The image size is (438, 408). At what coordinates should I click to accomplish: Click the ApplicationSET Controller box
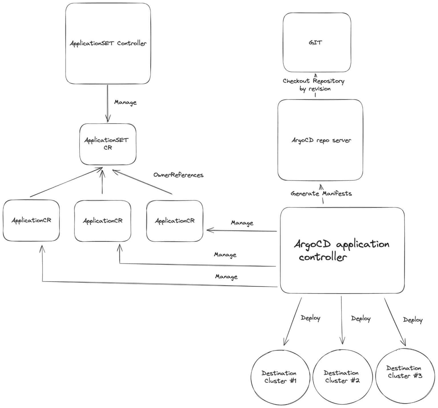(x=108, y=44)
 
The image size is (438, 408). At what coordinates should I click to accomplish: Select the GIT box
(x=317, y=43)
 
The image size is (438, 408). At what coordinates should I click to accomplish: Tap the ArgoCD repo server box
(x=320, y=140)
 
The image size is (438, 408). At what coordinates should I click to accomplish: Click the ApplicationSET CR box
(x=108, y=144)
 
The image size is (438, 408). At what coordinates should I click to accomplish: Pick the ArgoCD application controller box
(x=342, y=250)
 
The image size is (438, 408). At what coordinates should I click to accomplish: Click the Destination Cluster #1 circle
(x=279, y=377)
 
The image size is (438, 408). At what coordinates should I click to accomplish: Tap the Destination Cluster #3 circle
(x=404, y=372)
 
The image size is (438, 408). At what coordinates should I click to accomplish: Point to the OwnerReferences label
(x=178, y=175)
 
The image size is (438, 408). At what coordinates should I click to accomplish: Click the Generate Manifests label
(x=321, y=194)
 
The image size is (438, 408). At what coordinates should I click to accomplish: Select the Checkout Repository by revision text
(x=314, y=85)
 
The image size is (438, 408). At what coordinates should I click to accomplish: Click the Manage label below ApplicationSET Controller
(x=125, y=102)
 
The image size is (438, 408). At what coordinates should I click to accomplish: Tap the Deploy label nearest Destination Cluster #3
(x=412, y=320)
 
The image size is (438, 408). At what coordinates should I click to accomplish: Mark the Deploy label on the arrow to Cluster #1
(x=310, y=318)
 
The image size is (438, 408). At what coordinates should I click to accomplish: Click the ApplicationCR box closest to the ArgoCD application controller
(x=175, y=221)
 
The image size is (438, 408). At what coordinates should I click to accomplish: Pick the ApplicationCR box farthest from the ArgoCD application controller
(x=31, y=220)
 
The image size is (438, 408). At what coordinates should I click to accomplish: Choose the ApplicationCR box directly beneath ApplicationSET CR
(x=102, y=221)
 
